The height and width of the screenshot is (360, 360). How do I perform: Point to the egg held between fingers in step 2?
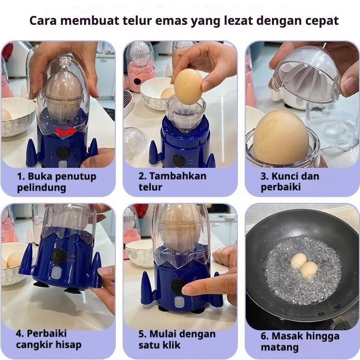188,85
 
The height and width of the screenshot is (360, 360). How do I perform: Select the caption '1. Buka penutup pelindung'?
56,181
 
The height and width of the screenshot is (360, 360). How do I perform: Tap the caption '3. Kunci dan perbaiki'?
290,181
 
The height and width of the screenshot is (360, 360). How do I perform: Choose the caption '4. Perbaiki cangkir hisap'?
49,339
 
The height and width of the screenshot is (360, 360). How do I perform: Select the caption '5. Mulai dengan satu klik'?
177,339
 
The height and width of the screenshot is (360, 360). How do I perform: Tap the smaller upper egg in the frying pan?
298,260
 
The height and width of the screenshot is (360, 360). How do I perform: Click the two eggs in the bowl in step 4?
12,260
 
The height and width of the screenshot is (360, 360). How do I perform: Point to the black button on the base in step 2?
179,160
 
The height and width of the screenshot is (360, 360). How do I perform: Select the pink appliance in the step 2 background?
140,73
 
